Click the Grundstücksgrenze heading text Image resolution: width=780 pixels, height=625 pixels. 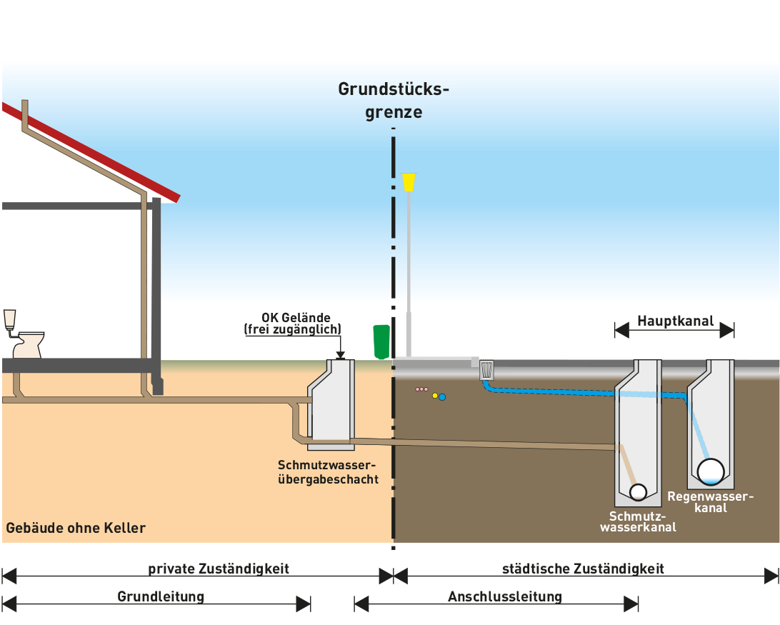tap(394, 101)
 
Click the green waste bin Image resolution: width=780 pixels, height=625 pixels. tap(381, 341)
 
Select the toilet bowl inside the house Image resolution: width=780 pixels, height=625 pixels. tap(29, 344)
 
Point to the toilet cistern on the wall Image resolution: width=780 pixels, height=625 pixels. tap(9, 319)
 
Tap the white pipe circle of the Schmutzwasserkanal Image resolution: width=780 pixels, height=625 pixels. tap(638, 491)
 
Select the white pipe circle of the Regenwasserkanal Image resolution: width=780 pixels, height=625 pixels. tap(711, 471)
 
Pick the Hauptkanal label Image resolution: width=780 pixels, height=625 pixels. tap(675, 321)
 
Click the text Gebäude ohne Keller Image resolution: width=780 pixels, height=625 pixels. tap(76, 529)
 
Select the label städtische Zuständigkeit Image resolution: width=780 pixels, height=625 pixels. tap(583, 569)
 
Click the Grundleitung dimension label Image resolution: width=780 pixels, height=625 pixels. tap(161, 596)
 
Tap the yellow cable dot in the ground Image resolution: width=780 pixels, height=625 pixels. tap(435, 395)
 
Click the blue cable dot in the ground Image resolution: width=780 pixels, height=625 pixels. tap(442, 397)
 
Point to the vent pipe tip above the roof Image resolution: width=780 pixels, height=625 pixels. tap(26, 104)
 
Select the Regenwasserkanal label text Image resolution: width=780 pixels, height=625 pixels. tap(710, 501)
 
